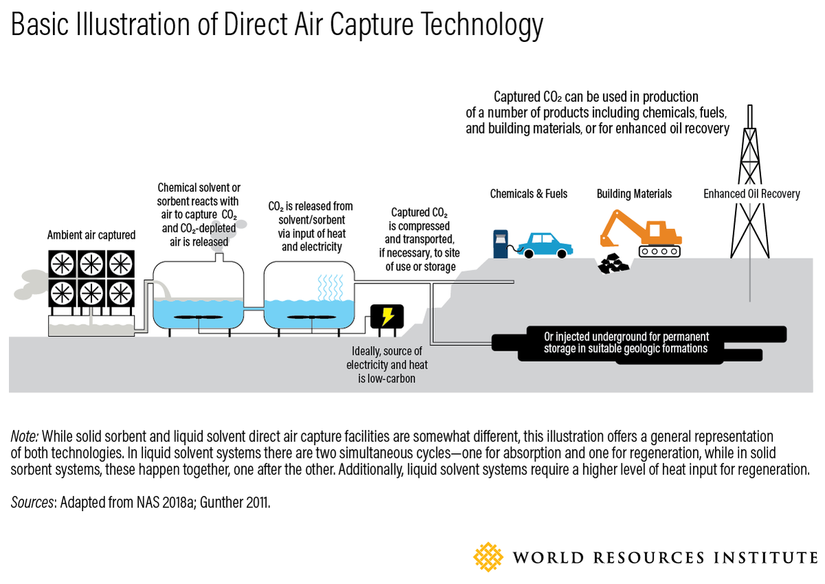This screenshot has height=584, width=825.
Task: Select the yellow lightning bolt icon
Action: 387,317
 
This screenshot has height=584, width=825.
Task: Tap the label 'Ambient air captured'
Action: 91,235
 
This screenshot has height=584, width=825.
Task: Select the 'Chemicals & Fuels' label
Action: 529,194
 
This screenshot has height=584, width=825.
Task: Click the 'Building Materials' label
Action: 634,194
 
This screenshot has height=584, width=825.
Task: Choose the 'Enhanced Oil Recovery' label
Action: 751,194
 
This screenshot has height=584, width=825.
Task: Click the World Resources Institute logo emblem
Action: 489,556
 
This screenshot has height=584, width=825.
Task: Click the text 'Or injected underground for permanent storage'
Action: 626,337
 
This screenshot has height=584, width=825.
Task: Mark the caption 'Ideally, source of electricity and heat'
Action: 386,358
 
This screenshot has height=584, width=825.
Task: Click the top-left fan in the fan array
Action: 61,263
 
